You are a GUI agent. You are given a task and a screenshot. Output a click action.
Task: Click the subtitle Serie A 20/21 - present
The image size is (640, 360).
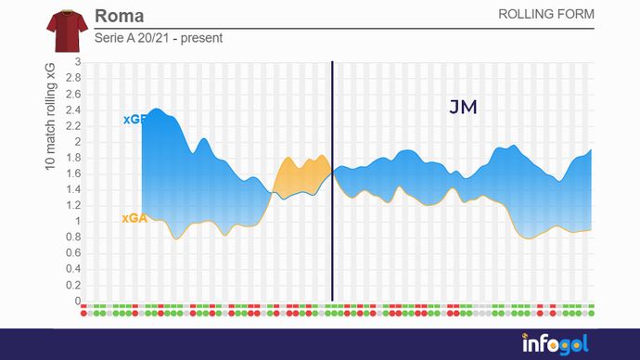tap(159, 39)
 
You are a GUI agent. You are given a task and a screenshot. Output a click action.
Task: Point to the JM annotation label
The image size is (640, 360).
tap(463, 108)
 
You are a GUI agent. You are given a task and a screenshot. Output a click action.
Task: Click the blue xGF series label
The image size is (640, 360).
tap(134, 120)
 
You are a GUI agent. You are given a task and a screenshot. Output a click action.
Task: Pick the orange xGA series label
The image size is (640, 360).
tap(134, 219)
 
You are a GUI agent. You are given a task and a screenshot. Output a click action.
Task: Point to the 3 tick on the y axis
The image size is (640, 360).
tap(79, 63)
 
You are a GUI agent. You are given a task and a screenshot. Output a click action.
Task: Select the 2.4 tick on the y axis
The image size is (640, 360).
tap(74, 110)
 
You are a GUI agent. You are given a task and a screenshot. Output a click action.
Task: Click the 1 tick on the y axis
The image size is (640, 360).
tap(79, 222)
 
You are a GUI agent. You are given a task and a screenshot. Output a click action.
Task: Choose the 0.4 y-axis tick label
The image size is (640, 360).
tap(74, 270)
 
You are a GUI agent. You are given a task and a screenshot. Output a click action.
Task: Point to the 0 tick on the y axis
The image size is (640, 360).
tap(79, 302)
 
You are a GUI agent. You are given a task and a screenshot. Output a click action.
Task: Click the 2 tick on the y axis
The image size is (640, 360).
tap(79, 142)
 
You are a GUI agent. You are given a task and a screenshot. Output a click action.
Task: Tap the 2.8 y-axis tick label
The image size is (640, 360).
tap(74, 79)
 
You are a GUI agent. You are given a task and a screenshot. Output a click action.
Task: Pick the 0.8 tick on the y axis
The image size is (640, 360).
tap(74, 238)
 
